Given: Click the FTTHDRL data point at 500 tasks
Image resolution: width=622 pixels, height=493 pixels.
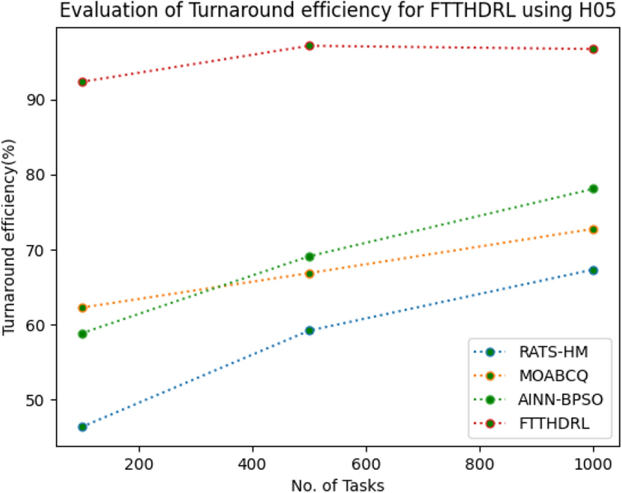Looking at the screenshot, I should click(310, 45).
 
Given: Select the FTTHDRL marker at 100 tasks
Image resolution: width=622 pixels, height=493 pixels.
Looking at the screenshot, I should click(82, 82).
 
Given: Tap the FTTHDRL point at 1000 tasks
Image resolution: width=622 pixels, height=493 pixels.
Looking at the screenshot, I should click(593, 49).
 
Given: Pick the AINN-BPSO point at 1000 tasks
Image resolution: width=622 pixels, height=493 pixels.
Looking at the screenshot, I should click(593, 189).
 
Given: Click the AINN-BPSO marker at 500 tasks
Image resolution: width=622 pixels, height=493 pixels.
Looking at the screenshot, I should click(310, 256).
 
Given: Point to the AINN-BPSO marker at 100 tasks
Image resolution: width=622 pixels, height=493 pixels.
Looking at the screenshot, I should click(82, 334).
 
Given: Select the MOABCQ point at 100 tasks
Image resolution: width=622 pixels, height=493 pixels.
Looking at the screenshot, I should click(82, 307).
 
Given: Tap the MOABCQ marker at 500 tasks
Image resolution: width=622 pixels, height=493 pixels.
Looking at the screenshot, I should click(310, 273).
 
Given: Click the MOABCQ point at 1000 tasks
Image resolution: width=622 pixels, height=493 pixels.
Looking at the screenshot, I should click(593, 229).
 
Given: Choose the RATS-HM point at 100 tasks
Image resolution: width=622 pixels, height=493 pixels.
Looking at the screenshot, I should click(82, 427).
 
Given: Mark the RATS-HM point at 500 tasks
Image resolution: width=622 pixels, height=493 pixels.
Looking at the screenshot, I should click(310, 330).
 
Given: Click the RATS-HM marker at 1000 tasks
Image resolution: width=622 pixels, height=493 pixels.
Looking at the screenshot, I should click(593, 270).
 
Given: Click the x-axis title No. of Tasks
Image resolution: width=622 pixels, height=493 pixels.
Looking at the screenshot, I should click(337, 484).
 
